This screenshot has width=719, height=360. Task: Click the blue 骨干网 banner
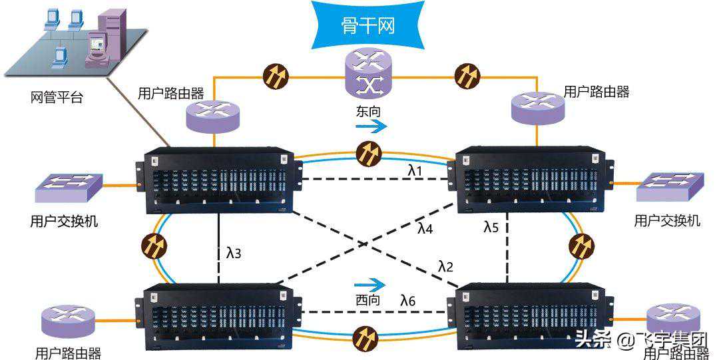[x=367, y=25]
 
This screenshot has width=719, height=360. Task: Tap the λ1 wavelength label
[x=415, y=171]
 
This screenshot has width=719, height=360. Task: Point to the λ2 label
[x=445, y=267]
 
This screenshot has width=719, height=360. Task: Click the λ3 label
[x=234, y=253]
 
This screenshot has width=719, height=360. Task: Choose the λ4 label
[x=425, y=228]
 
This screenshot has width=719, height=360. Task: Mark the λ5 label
[x=491, y=227]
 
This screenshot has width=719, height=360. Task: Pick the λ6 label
[x=408, y=301]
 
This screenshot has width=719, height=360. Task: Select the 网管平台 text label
[x=57, y=98]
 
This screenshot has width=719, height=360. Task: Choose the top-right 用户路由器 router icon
[x=539, y=106]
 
